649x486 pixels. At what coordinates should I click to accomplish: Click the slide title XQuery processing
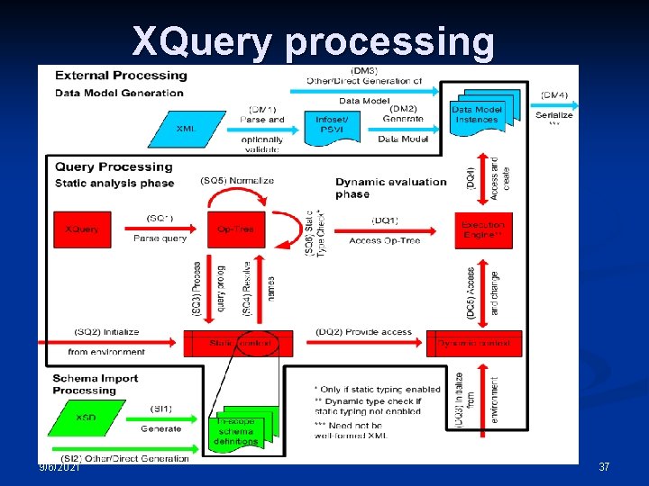(x=313, y=41)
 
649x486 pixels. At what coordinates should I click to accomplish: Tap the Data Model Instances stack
(x=479, y=113)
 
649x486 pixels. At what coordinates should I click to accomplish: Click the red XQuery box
(x=82, y=229)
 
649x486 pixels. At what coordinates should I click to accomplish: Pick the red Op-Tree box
(x=236, y=229)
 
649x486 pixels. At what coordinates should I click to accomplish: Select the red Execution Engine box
(x=483, y=229)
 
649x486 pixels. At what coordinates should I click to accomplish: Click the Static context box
(x=240, y=343)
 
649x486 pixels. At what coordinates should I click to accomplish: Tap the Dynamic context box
(x=473, y=343)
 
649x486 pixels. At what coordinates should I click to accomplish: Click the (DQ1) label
(x=385, y=220)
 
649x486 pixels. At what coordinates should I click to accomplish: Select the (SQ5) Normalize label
(x=236, y=181)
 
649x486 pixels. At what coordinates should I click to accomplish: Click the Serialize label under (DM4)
(x=553, y=115)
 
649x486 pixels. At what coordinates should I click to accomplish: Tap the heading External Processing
(x=121, y=76)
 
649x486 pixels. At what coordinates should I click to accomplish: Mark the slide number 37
(x=604, y=467)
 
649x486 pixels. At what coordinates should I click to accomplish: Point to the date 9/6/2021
(x=59, y=467)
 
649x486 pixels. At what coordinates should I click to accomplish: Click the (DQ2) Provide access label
(x=363, y=332)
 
